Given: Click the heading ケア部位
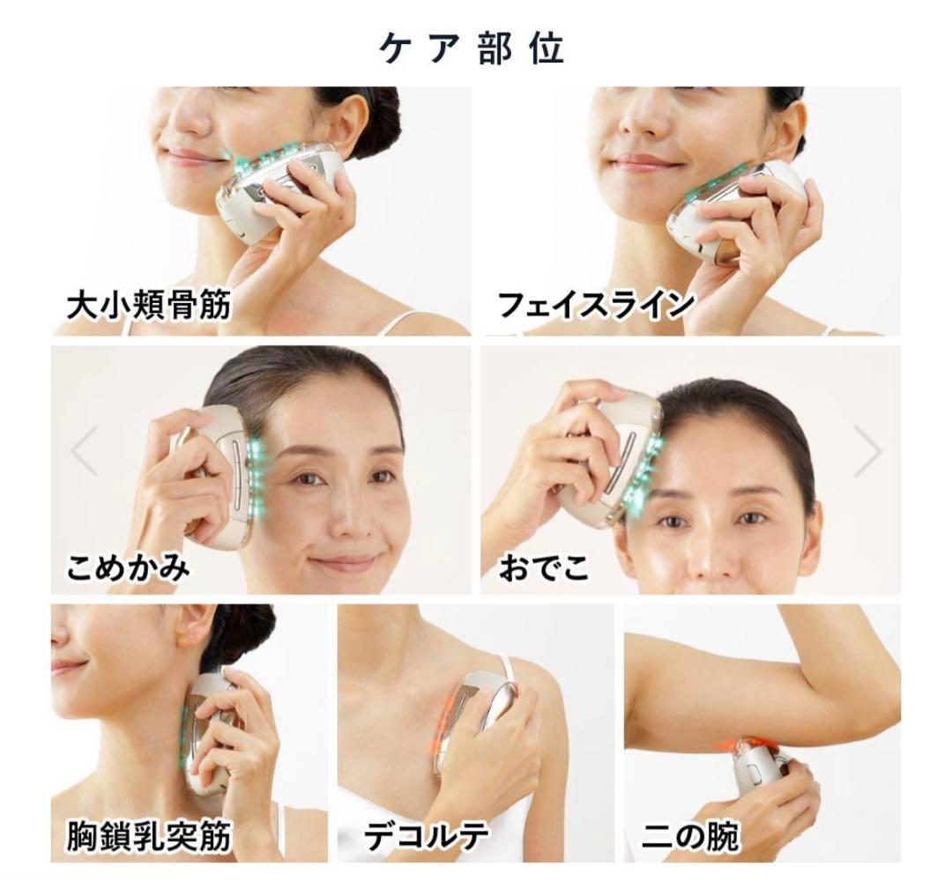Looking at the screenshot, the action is [472, 48].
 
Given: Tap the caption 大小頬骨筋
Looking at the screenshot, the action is [149, 305].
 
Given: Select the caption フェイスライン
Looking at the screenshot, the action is [596, 304].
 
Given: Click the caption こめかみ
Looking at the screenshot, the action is [128, 567].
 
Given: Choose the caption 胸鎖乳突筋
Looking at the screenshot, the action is [149, 836].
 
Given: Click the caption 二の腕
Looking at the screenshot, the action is [690, 836].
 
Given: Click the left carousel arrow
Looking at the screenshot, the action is [84, 451].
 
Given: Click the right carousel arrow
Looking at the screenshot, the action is [867, 451].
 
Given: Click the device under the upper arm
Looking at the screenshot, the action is [762, 774].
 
